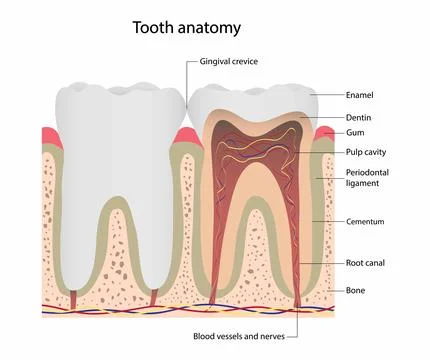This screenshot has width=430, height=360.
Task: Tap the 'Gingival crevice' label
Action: coord(229,62)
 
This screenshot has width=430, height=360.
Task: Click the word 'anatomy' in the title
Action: coord(219,27)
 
